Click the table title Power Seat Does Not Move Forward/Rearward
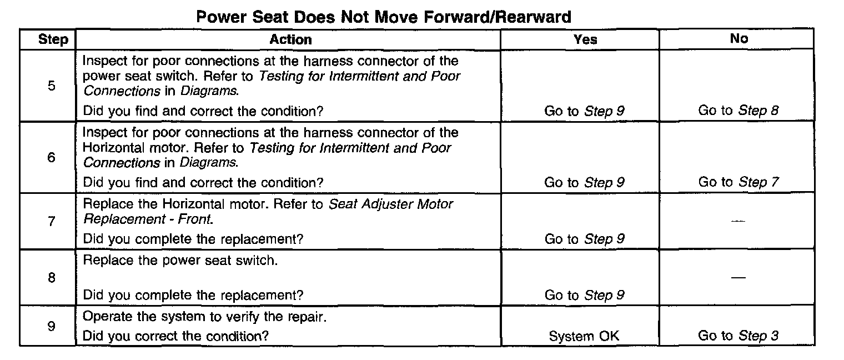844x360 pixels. tap(384, 17)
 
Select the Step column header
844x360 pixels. tap(53, 39)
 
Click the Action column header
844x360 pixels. tap(290, 39)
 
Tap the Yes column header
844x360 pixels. tap(585, 39)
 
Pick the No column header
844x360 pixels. tap(739, 38)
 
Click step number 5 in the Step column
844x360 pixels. tap(52, 87)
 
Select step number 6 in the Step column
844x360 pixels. tap(52, 158)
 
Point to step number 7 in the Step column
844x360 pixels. tap(52, 222)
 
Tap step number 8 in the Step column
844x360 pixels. tap(52, 277)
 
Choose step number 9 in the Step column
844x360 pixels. tap(52, 327)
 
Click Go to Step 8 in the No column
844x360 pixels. tap(738, 111)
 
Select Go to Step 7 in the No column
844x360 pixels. tap(738, 182)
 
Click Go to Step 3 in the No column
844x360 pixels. tap(738, 336)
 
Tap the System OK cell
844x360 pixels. tap(584, 336)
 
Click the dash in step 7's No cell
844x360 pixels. tap(738, 221)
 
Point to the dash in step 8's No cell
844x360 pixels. tap(738, 277)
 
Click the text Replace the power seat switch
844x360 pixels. tap(180, 260)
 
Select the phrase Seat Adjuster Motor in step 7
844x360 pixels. tap(391, 204)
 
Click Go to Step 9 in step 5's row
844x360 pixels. tap(584, 111)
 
